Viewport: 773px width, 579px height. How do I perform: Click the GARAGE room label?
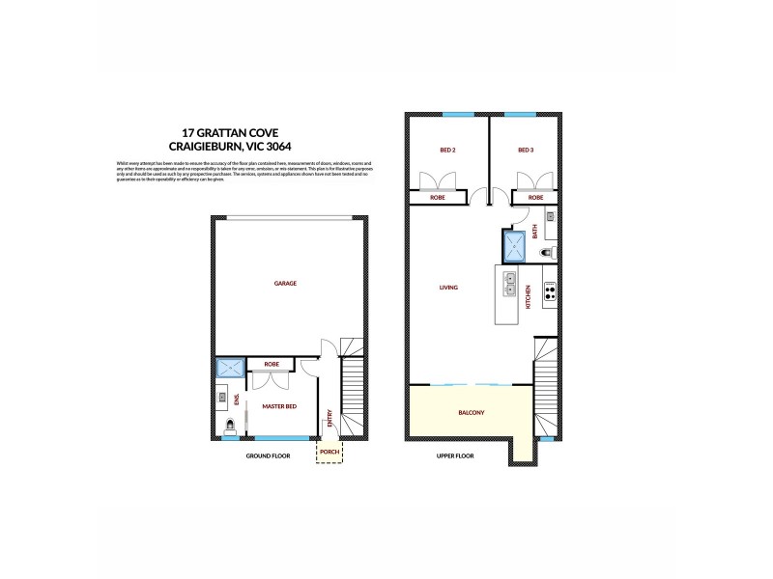coord(285,284)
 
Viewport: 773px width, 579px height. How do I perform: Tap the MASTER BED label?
coord(279,406)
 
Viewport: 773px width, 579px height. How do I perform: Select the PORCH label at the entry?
coord(329,451)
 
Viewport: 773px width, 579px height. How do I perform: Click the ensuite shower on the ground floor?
coord(230,367)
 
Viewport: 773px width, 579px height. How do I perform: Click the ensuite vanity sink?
coord(222,397)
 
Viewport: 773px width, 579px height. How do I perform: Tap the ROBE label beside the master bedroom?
coord(272,365)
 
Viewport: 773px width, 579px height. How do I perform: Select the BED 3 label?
coord(526,151)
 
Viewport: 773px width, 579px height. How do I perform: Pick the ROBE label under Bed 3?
coord(535,197)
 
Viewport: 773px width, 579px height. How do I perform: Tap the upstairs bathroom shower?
coord(514,245)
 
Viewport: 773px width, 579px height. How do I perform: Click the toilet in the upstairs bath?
coord(548,253)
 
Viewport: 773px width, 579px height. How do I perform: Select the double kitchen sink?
coord(509,285)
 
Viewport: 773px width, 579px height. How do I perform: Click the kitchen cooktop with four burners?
coord(549,291)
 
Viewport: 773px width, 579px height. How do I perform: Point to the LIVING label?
coord(448,288)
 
